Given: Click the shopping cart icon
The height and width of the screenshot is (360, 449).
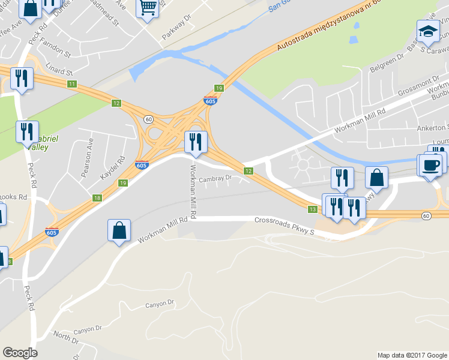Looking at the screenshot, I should click(x=148, y=8).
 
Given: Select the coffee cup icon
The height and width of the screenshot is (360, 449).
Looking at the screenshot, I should click(x=432, y=164).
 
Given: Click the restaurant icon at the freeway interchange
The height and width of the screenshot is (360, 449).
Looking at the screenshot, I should click(x=196, y=142).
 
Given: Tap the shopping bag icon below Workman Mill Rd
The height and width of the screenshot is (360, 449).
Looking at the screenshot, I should click(x=119, y=230).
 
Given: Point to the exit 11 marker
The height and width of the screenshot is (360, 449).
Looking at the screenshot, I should click(x=72, y=83).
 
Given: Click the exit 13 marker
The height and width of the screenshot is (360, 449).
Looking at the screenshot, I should click(x=312, y=209).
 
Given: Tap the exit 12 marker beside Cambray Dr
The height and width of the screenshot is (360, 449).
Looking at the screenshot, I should click(x=247, y=172).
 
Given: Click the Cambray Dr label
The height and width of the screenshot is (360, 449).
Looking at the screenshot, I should click(x=215, y=178).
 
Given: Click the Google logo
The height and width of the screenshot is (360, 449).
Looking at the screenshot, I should click(x=20, y=353).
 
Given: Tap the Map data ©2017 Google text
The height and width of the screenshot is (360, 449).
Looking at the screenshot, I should click(x=412, y=355).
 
